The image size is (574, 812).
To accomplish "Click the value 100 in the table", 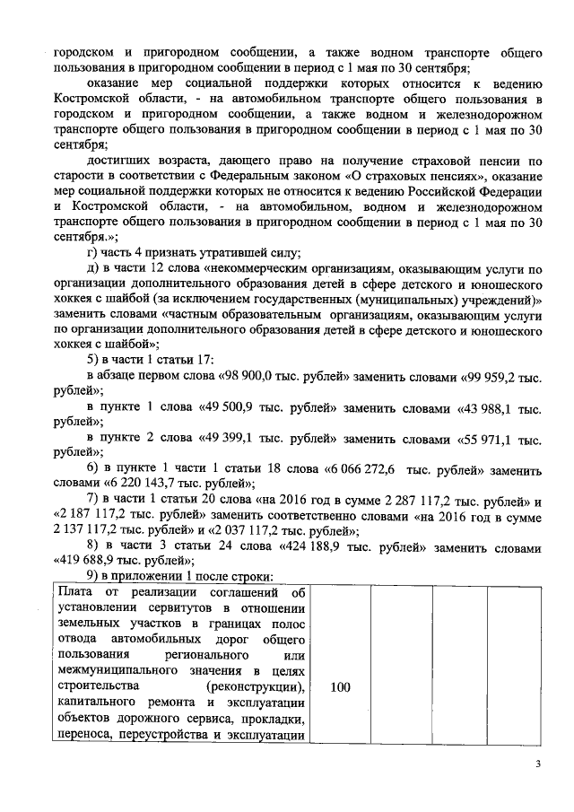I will click(x=340, y=687).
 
